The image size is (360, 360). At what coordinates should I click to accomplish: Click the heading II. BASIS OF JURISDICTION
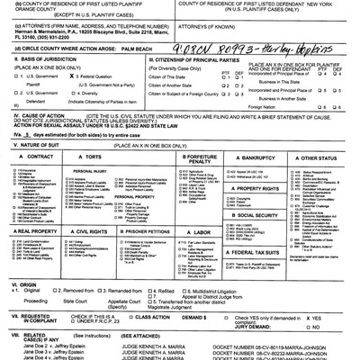pos(45,79)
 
